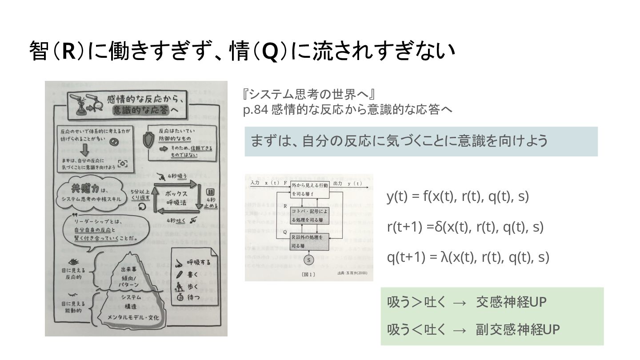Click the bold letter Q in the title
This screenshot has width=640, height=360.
point(270,52)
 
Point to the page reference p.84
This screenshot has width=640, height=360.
point(255,110)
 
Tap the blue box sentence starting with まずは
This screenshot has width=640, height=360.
point(399,141)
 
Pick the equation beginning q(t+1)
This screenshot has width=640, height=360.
point(468,257)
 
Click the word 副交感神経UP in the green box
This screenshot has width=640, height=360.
point(517,329)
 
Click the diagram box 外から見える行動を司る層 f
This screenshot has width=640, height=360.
point(310,189)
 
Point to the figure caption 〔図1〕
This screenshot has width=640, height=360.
point(308,274)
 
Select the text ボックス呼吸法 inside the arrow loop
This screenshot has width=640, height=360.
point(176,199)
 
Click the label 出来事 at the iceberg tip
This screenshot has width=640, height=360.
point(129,269)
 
